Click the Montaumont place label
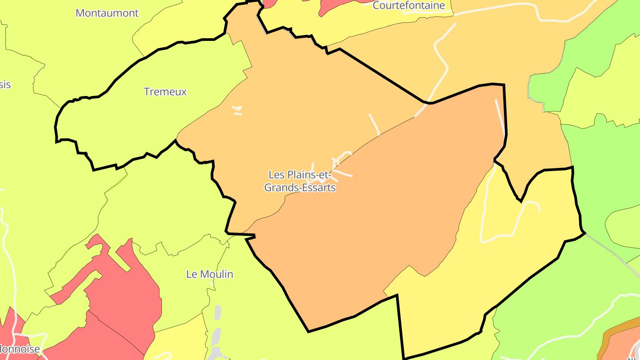pyautogui.click(x=107, y=13)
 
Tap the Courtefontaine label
pyautogui.click(x=408, y=5)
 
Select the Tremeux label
pyautogui.click(x=165, y=92)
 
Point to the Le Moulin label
pyautogui.click(x=210, y=274)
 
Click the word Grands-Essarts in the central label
pyautogui.click(x=300, y=188)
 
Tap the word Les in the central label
pyautogui.click(x=276, y=175)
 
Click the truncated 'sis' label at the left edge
pyautogui.click(x=5, y=84)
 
